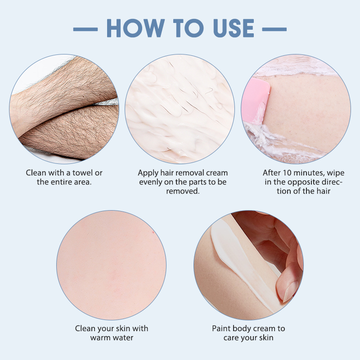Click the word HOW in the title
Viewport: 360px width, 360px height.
[x=136, y=28]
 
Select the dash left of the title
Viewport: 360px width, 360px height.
[x=85, y=29]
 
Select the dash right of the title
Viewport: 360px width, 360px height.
[x=274, y=29]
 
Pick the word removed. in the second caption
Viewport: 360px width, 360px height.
[x=183, y=191]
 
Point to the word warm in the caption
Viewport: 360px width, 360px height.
[x=100, y=338]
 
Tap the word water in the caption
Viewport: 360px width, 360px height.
[x=122, y=338]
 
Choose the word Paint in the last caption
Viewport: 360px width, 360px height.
[x=220, y=328]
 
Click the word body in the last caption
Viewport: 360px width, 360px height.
[x=238, y=329]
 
